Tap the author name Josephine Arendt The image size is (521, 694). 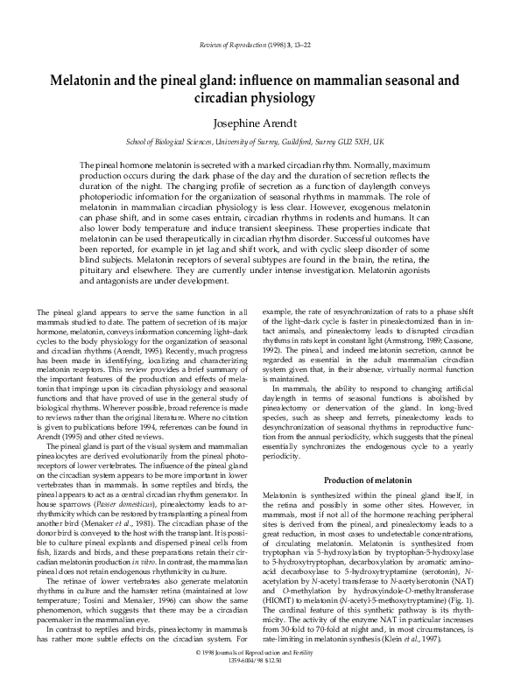click(x=260, y=123)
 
